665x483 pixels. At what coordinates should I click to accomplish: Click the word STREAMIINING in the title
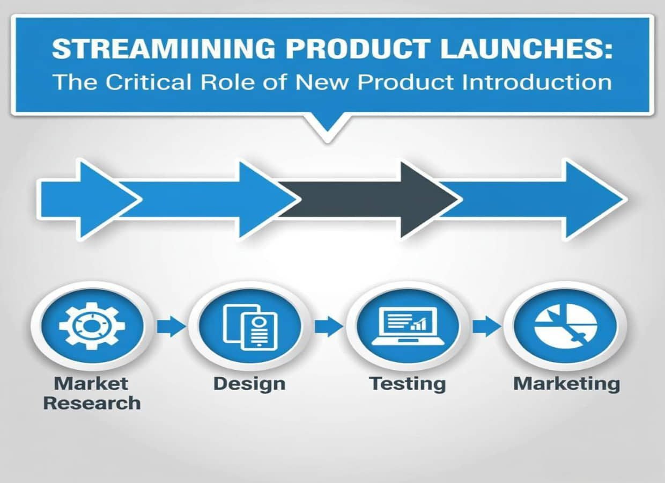[164, 49]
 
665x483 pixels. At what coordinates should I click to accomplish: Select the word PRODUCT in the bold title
[357, 49]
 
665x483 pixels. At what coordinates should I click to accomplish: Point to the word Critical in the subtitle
[149, 82]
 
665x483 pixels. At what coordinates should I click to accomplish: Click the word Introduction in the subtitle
[537, 82]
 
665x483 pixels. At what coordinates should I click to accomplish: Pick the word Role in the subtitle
[227, 82]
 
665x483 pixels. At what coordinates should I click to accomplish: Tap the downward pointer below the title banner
[328, 126]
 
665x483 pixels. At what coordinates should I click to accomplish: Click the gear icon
[92, 326]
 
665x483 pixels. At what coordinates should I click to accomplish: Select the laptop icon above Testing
[408, 326]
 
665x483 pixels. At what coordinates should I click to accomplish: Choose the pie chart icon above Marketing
[566, 326]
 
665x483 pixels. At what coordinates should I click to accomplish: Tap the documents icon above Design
[250, 327]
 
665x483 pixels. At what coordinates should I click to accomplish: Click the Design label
[249, 384]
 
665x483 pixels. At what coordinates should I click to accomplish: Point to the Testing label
[408, 384]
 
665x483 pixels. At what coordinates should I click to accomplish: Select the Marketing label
[566, 384]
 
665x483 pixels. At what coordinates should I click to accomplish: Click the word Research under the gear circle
[92, 403]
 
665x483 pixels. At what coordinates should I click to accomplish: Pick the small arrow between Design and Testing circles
[329, 326]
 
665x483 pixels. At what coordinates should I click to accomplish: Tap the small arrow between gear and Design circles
[171, 326]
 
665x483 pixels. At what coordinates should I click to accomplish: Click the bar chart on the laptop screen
[418, 324]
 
